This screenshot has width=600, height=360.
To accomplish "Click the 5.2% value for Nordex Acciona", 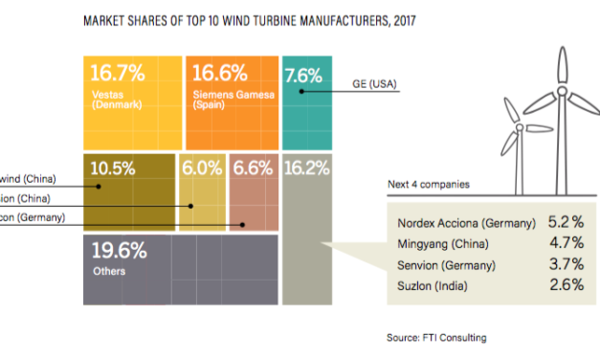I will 560,222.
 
